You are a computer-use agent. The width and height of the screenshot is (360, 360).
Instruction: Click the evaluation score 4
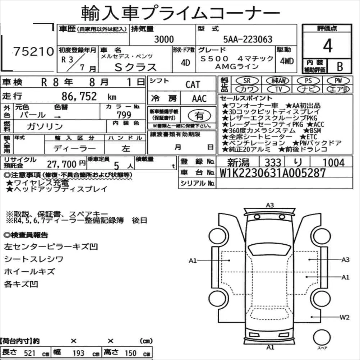click(x=328, y=46)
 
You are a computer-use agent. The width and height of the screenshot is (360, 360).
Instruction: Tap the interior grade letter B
click(x=340, y=66)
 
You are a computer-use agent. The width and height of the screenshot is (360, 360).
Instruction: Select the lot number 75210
click(x=34, y=51)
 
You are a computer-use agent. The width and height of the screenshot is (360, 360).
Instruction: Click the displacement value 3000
click(x=164, y=39)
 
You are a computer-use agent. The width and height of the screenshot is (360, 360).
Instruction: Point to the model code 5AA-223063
click(x=248, y=39)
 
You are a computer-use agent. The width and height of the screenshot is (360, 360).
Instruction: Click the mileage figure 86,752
click(x=79, y=96)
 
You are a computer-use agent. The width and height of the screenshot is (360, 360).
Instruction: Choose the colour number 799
click(x=124, y=115)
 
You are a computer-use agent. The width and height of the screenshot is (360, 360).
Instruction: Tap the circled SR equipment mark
click(x=247, y=80)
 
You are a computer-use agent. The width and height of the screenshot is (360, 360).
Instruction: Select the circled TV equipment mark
click(x=278, y=89)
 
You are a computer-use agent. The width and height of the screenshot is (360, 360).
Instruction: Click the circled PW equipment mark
click(x=338, y=80)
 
